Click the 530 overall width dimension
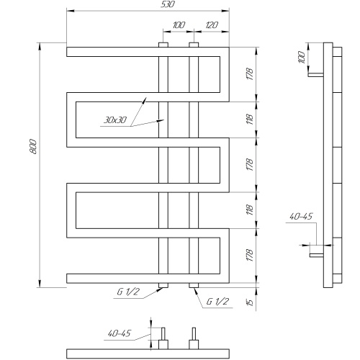pos(168,4)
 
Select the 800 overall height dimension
pos(33,146)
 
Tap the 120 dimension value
pos(211,25)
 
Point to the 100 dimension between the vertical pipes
pos(179,25)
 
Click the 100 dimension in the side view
pos(302,58)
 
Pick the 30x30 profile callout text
pos(115,120)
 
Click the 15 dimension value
pos(250,302)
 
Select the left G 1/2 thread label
pos(128,292)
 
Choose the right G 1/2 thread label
pos(217,302)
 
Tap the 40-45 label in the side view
pos(301,217)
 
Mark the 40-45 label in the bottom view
pos(120,333)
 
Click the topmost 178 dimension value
pos(250,74)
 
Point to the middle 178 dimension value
pos(250,165)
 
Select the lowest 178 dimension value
pos(250,255)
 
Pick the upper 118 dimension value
pos(250,120)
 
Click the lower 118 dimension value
pos(250,210)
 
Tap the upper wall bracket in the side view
pos(316,75)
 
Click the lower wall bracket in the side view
pos(317,255)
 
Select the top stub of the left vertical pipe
pos(163,45)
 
